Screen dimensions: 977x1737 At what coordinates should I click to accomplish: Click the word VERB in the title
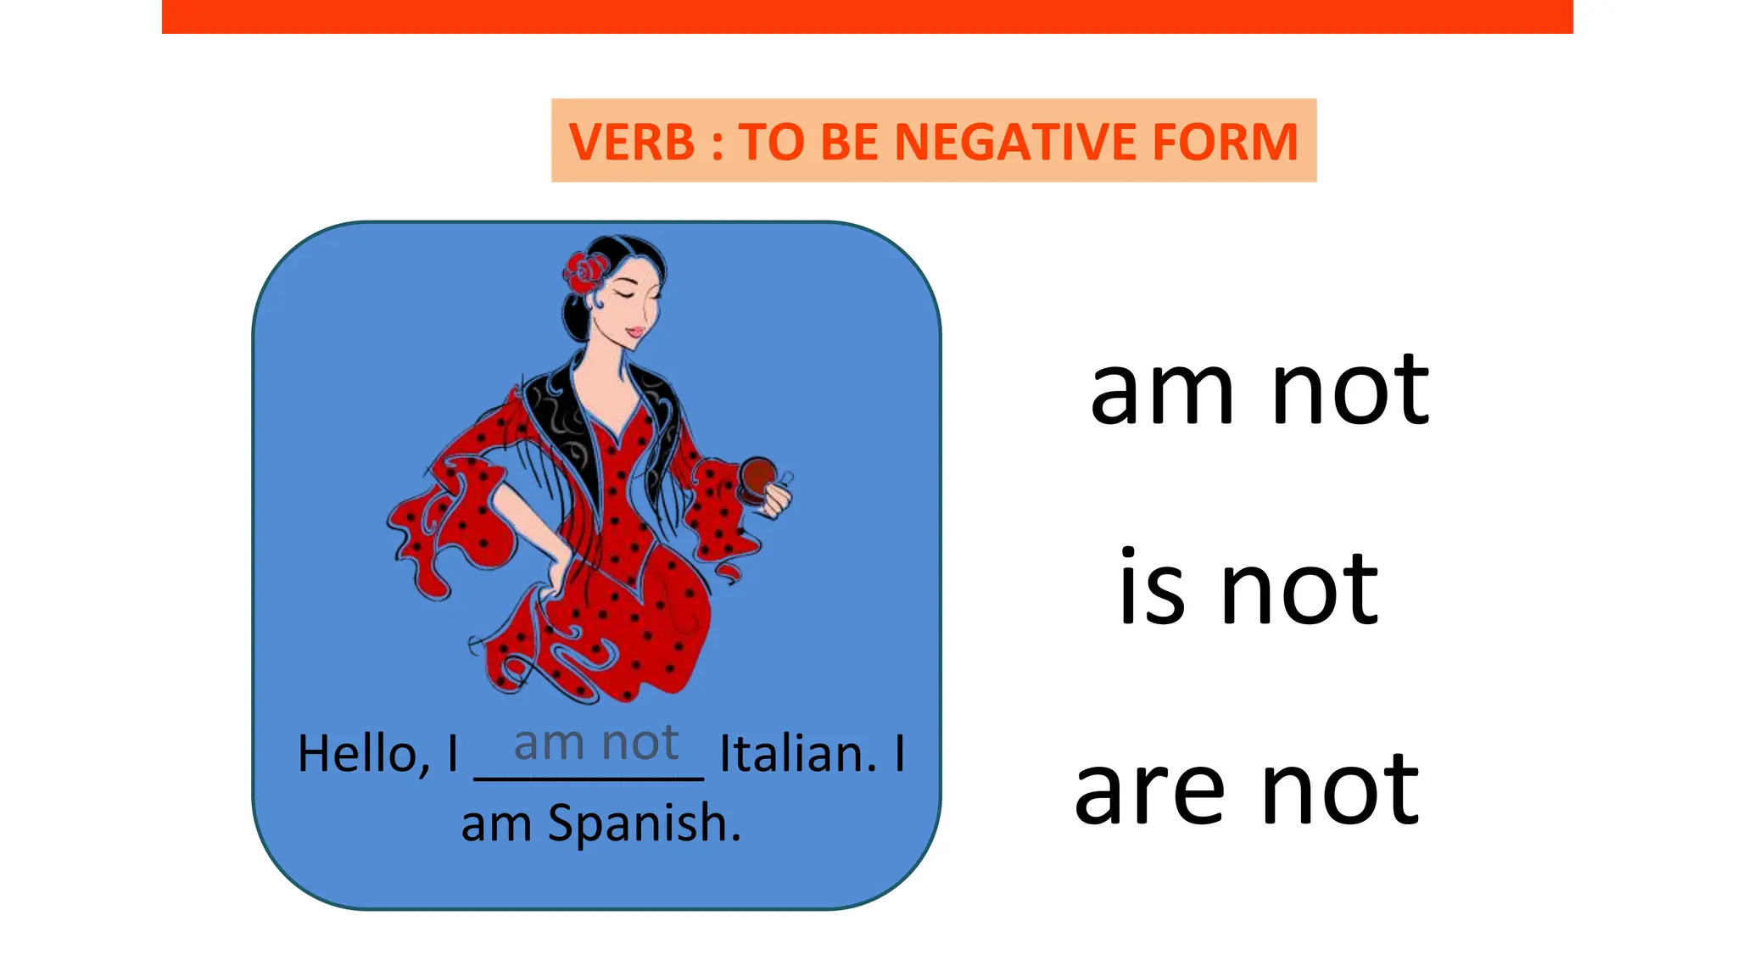632,142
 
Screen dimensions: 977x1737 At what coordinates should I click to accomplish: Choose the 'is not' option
1248,589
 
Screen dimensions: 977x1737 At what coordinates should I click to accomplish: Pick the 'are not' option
1247,790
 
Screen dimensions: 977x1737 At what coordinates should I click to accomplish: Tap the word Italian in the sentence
796,753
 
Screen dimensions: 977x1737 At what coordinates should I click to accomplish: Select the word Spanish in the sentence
644,823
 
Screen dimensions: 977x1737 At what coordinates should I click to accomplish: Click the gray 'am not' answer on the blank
596,743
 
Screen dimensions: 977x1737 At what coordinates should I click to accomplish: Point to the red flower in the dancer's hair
585,271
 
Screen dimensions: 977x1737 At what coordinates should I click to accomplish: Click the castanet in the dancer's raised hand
757,475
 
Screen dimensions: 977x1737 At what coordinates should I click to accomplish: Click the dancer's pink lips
634,332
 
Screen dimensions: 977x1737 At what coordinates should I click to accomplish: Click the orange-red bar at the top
867,16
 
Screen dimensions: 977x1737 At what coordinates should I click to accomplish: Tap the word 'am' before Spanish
495,825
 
